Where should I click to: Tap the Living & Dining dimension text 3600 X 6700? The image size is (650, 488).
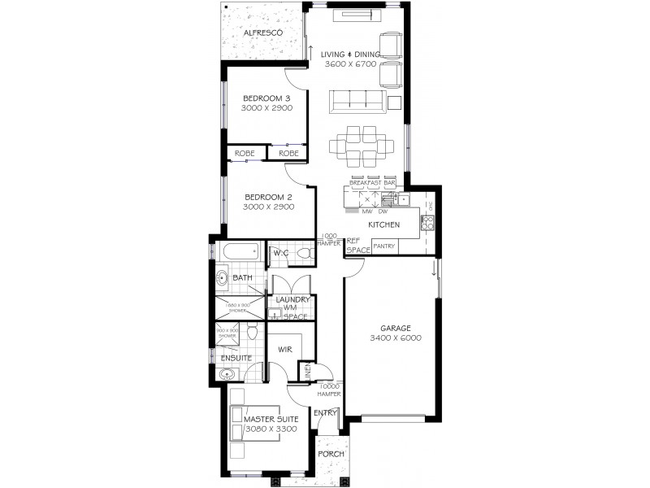[349, 63]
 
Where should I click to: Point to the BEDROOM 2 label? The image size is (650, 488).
[267, 197]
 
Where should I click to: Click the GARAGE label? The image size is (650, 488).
[395, 328]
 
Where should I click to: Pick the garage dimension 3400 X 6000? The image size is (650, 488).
[395, 338]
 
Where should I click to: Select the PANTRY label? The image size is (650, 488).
[384, 246]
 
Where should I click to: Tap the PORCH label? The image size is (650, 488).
[330, 454]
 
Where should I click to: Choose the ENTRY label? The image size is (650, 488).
[325, 412]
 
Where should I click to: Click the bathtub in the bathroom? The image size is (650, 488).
[240, 251]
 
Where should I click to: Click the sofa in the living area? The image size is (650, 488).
[357, 102]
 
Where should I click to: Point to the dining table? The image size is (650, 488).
[362, 146]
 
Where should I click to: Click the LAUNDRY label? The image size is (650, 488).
[292, 299]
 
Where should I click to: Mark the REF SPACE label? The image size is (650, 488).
[358, 246]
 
